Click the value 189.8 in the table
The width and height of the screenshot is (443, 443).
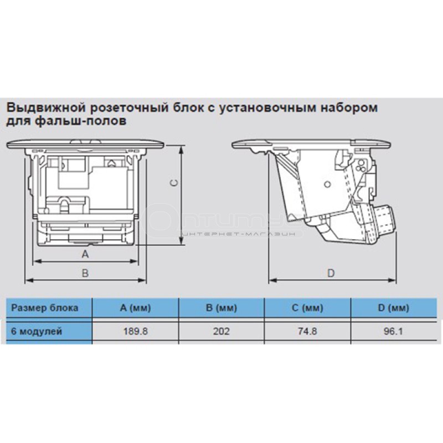[x=135, y=331]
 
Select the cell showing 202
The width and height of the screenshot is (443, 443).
[x=221, y=331]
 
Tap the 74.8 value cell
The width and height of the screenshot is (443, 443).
[x=307, y=331]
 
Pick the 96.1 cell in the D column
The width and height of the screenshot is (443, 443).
[x=393, y=331]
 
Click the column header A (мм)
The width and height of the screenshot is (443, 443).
[x=135, y=307]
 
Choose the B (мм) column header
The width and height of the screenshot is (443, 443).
[x=221, y=307]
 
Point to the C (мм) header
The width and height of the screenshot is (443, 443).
[x=307, y=307]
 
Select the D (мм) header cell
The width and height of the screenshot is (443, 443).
[x=394, y=307]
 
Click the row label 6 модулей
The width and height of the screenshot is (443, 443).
[x=37, y=331]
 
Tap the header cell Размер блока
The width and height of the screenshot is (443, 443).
[x=45, y=308]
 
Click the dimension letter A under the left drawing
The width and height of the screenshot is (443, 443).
[x=85, y=254]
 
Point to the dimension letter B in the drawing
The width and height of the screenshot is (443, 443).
[x=85, y=273]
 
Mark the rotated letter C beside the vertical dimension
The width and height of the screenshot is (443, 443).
[x=174, y=183]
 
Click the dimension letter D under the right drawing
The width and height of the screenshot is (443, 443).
[x=331, y=273]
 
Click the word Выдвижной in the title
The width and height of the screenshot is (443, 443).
[x=45, y=107]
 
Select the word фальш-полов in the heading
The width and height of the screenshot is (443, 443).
[x=81, y=121]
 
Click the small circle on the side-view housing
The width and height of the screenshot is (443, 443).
[x=327, y=184]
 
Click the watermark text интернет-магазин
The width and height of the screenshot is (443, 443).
[x=238, y=234]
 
